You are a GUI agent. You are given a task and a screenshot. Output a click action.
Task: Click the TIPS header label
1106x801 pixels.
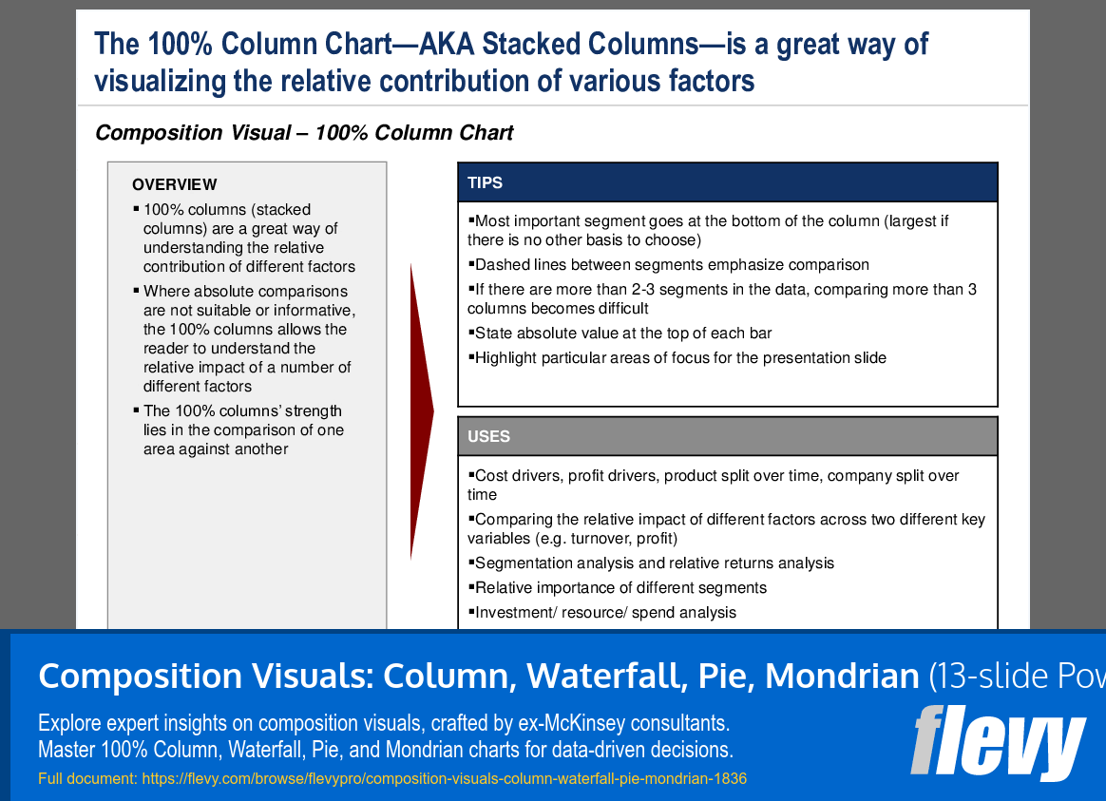[x=485, y=182]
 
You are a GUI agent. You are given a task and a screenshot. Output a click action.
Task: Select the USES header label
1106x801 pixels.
[x=488, y=437]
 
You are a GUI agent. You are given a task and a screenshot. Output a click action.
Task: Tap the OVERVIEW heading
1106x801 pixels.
[x=174, y=184]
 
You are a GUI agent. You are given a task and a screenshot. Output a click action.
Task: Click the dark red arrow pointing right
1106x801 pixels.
[x=420, y=410]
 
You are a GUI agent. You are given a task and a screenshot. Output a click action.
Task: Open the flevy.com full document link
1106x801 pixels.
[x=444, y=779]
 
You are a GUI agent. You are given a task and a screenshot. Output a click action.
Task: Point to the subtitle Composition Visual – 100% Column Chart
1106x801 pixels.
[x=304, y=133]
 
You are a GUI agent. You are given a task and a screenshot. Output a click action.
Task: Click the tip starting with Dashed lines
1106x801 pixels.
[x=671, y=265]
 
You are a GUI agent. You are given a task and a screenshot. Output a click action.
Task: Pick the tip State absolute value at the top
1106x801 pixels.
[x=622, y=334]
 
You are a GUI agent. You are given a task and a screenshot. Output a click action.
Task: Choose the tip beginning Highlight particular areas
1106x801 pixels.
[x=679, y=358]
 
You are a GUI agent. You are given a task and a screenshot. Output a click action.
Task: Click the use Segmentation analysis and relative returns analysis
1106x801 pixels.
[x=654, y=563]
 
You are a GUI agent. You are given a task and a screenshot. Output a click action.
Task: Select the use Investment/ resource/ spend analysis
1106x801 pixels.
[x=604, y=613]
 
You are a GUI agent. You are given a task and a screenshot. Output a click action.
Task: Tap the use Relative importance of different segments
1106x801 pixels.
[x=620, y=588]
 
